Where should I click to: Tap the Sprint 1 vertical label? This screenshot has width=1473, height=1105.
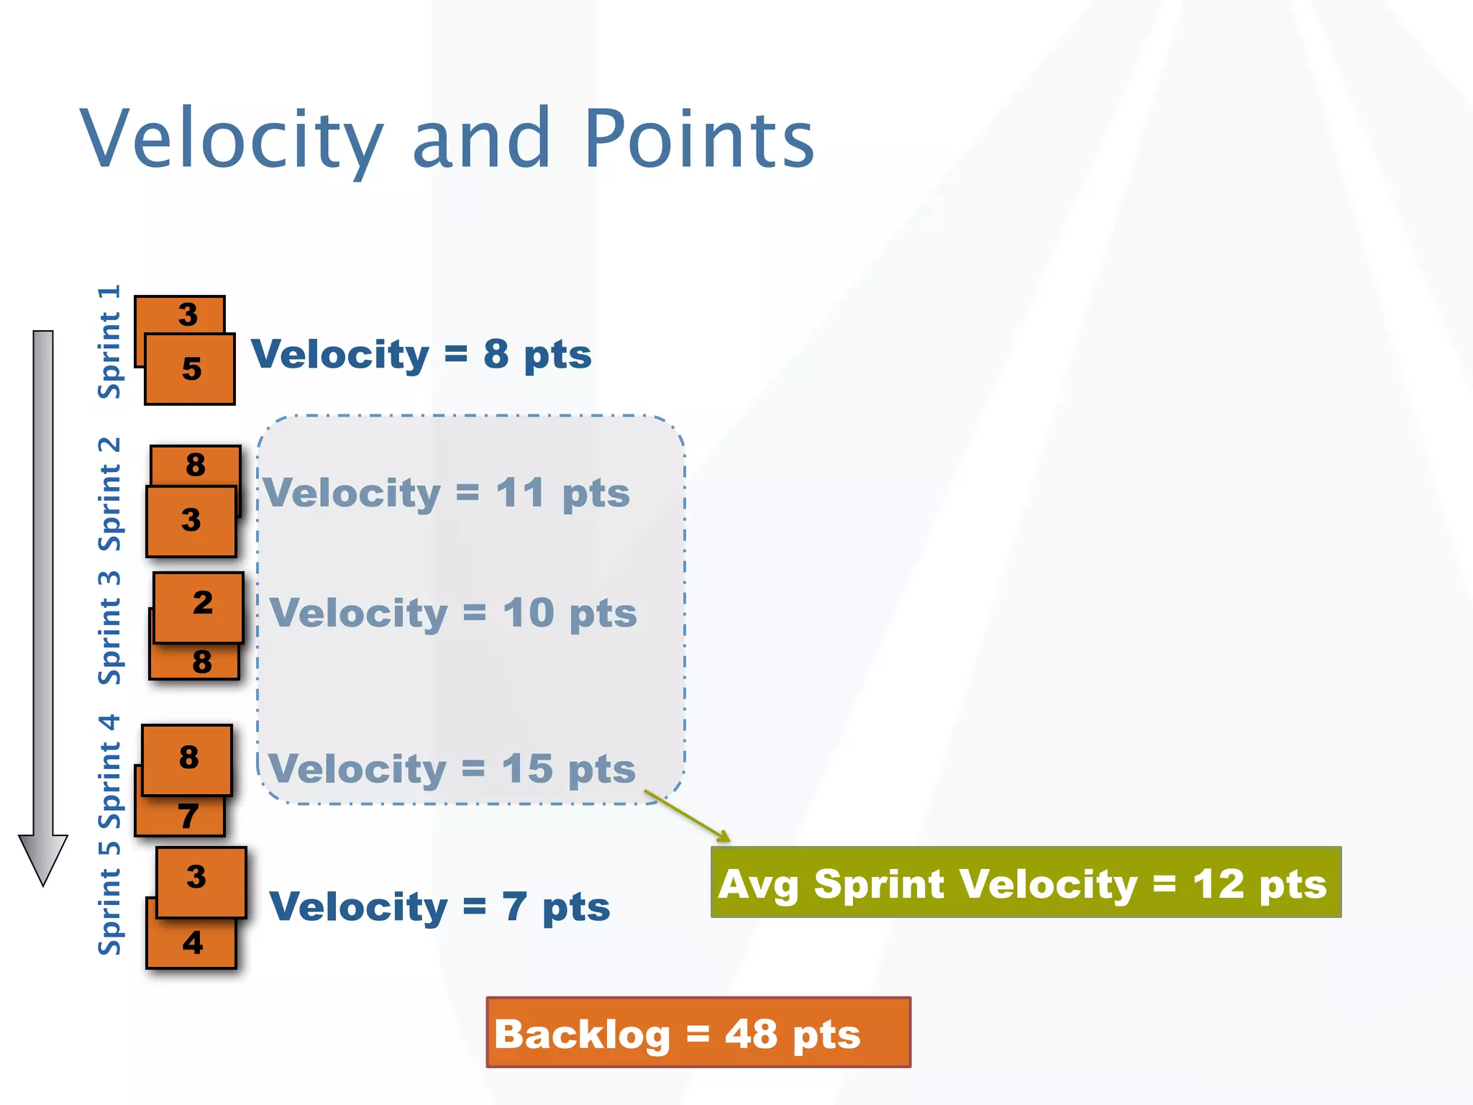point(110,342)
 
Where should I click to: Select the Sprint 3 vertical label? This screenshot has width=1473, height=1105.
point(110,627)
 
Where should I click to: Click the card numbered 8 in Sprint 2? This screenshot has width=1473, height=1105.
point(196,464)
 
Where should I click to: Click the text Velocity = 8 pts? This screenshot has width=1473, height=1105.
point(421,355)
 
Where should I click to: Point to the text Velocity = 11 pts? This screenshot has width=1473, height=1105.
point(446,494)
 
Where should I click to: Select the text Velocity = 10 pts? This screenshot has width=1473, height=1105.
point(453,614)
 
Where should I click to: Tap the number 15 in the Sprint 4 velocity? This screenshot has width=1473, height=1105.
point(527,769)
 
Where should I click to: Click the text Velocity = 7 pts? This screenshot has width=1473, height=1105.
point(439,907)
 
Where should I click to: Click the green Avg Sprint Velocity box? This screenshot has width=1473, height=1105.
point(1026,883)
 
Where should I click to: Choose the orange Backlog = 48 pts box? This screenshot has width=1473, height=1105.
point(698,1033)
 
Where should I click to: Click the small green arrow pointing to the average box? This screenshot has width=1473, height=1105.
point(687,816)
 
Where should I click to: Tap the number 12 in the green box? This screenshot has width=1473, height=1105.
point(1218,884)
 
